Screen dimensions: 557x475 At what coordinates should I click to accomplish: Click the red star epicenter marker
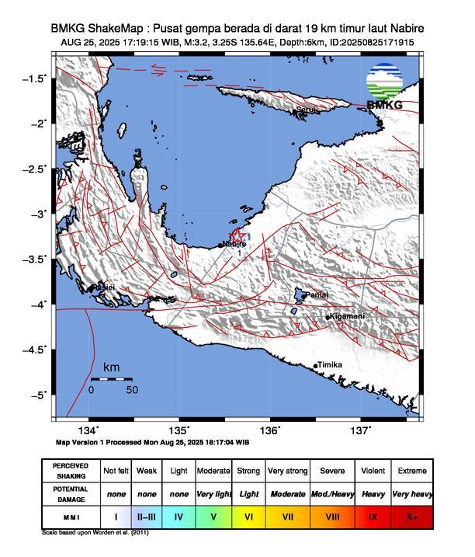coord(238,235)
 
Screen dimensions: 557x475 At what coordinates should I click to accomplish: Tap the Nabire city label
coord(234,244)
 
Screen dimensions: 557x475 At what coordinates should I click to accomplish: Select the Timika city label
coord(329,365)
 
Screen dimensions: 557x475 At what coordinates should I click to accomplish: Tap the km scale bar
coord(111,379)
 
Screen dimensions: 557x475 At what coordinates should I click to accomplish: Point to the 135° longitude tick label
coord(179,430)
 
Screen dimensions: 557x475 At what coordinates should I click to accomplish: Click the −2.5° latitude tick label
coord(34,169)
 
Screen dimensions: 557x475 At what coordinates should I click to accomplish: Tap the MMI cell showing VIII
coord(332,516)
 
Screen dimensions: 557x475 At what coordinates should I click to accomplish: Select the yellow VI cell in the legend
coord(248,516)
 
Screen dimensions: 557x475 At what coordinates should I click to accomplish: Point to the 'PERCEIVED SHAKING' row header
coord(71,471)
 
